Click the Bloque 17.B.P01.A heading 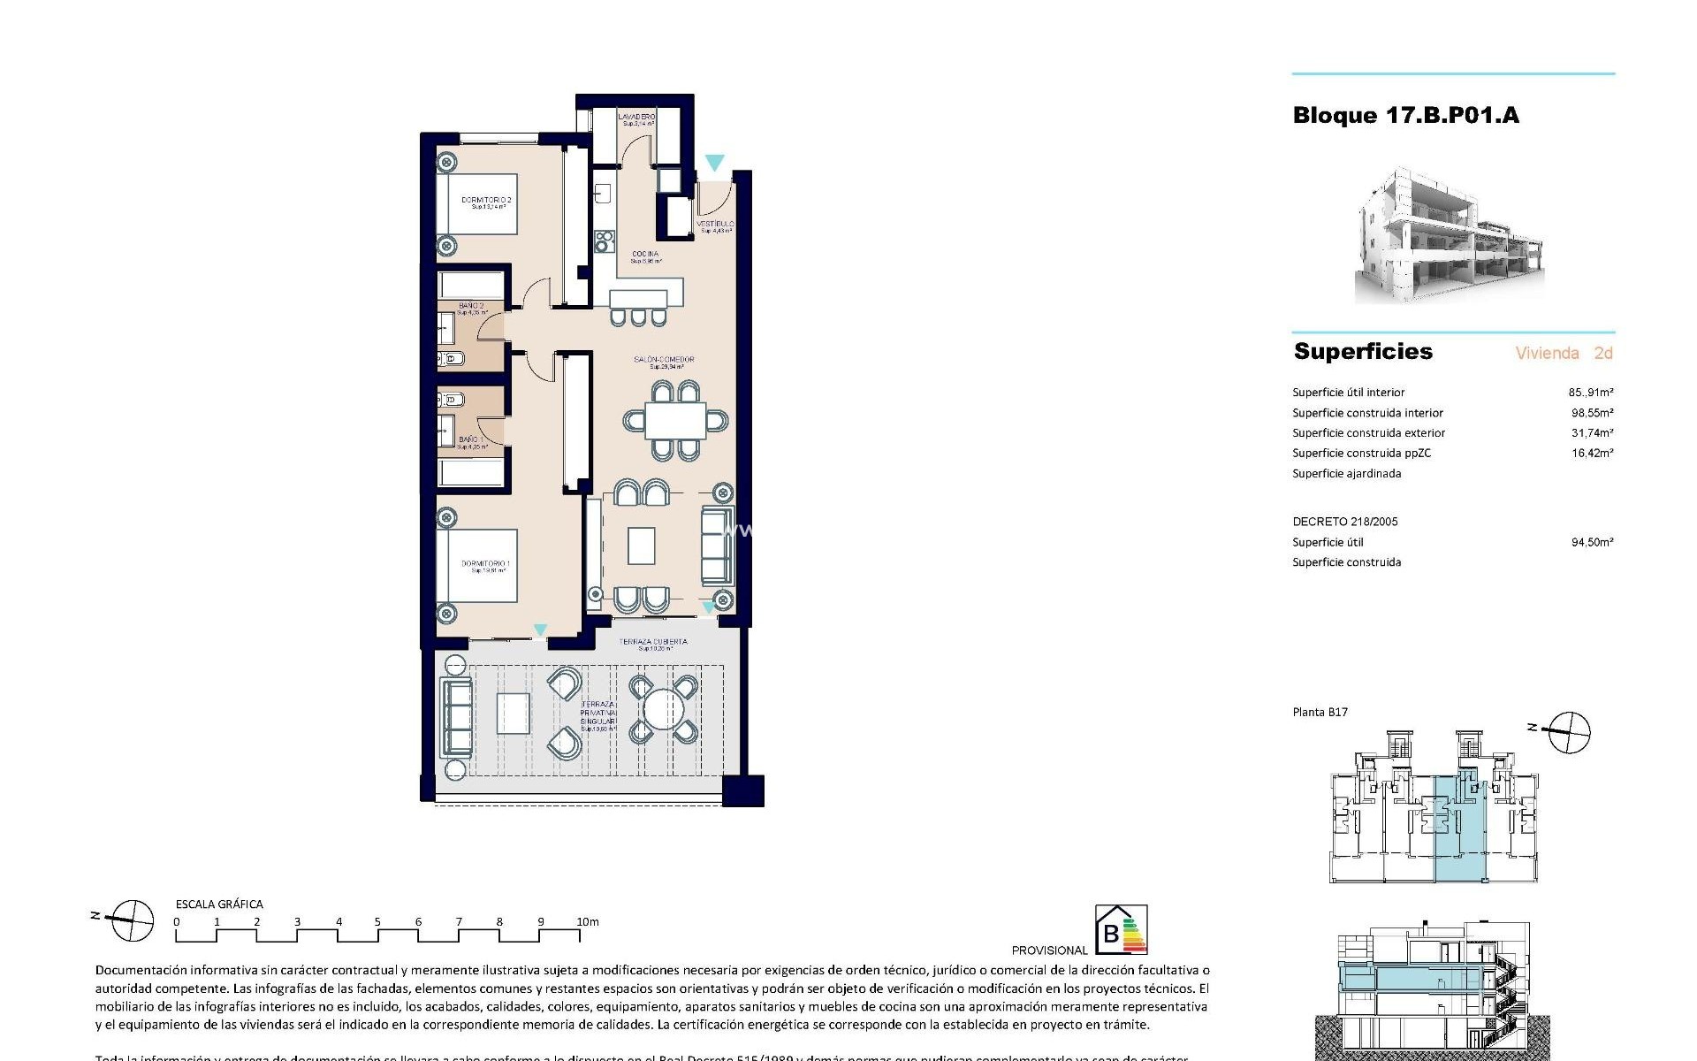click(1405, 116)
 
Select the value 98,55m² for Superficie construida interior click(1592, 413)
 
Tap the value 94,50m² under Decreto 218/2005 click(1592, 542)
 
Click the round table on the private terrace click(664, 709)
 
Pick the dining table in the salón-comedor click(675, 420)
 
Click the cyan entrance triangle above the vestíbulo click(714, 163)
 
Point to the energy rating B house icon click(1120, 930)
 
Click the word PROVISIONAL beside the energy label click(1049, 950)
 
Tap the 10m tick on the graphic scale click(587, 921)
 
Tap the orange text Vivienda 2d click(1564, 353)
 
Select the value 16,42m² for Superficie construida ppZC click(1592, 453)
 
